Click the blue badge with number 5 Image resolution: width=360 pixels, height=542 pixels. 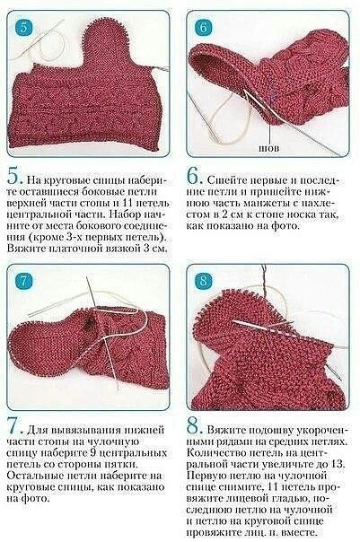coord(23,26)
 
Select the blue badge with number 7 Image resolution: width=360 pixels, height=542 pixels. coord(24,283)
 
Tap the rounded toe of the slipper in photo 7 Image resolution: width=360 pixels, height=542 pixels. coord(22,350)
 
